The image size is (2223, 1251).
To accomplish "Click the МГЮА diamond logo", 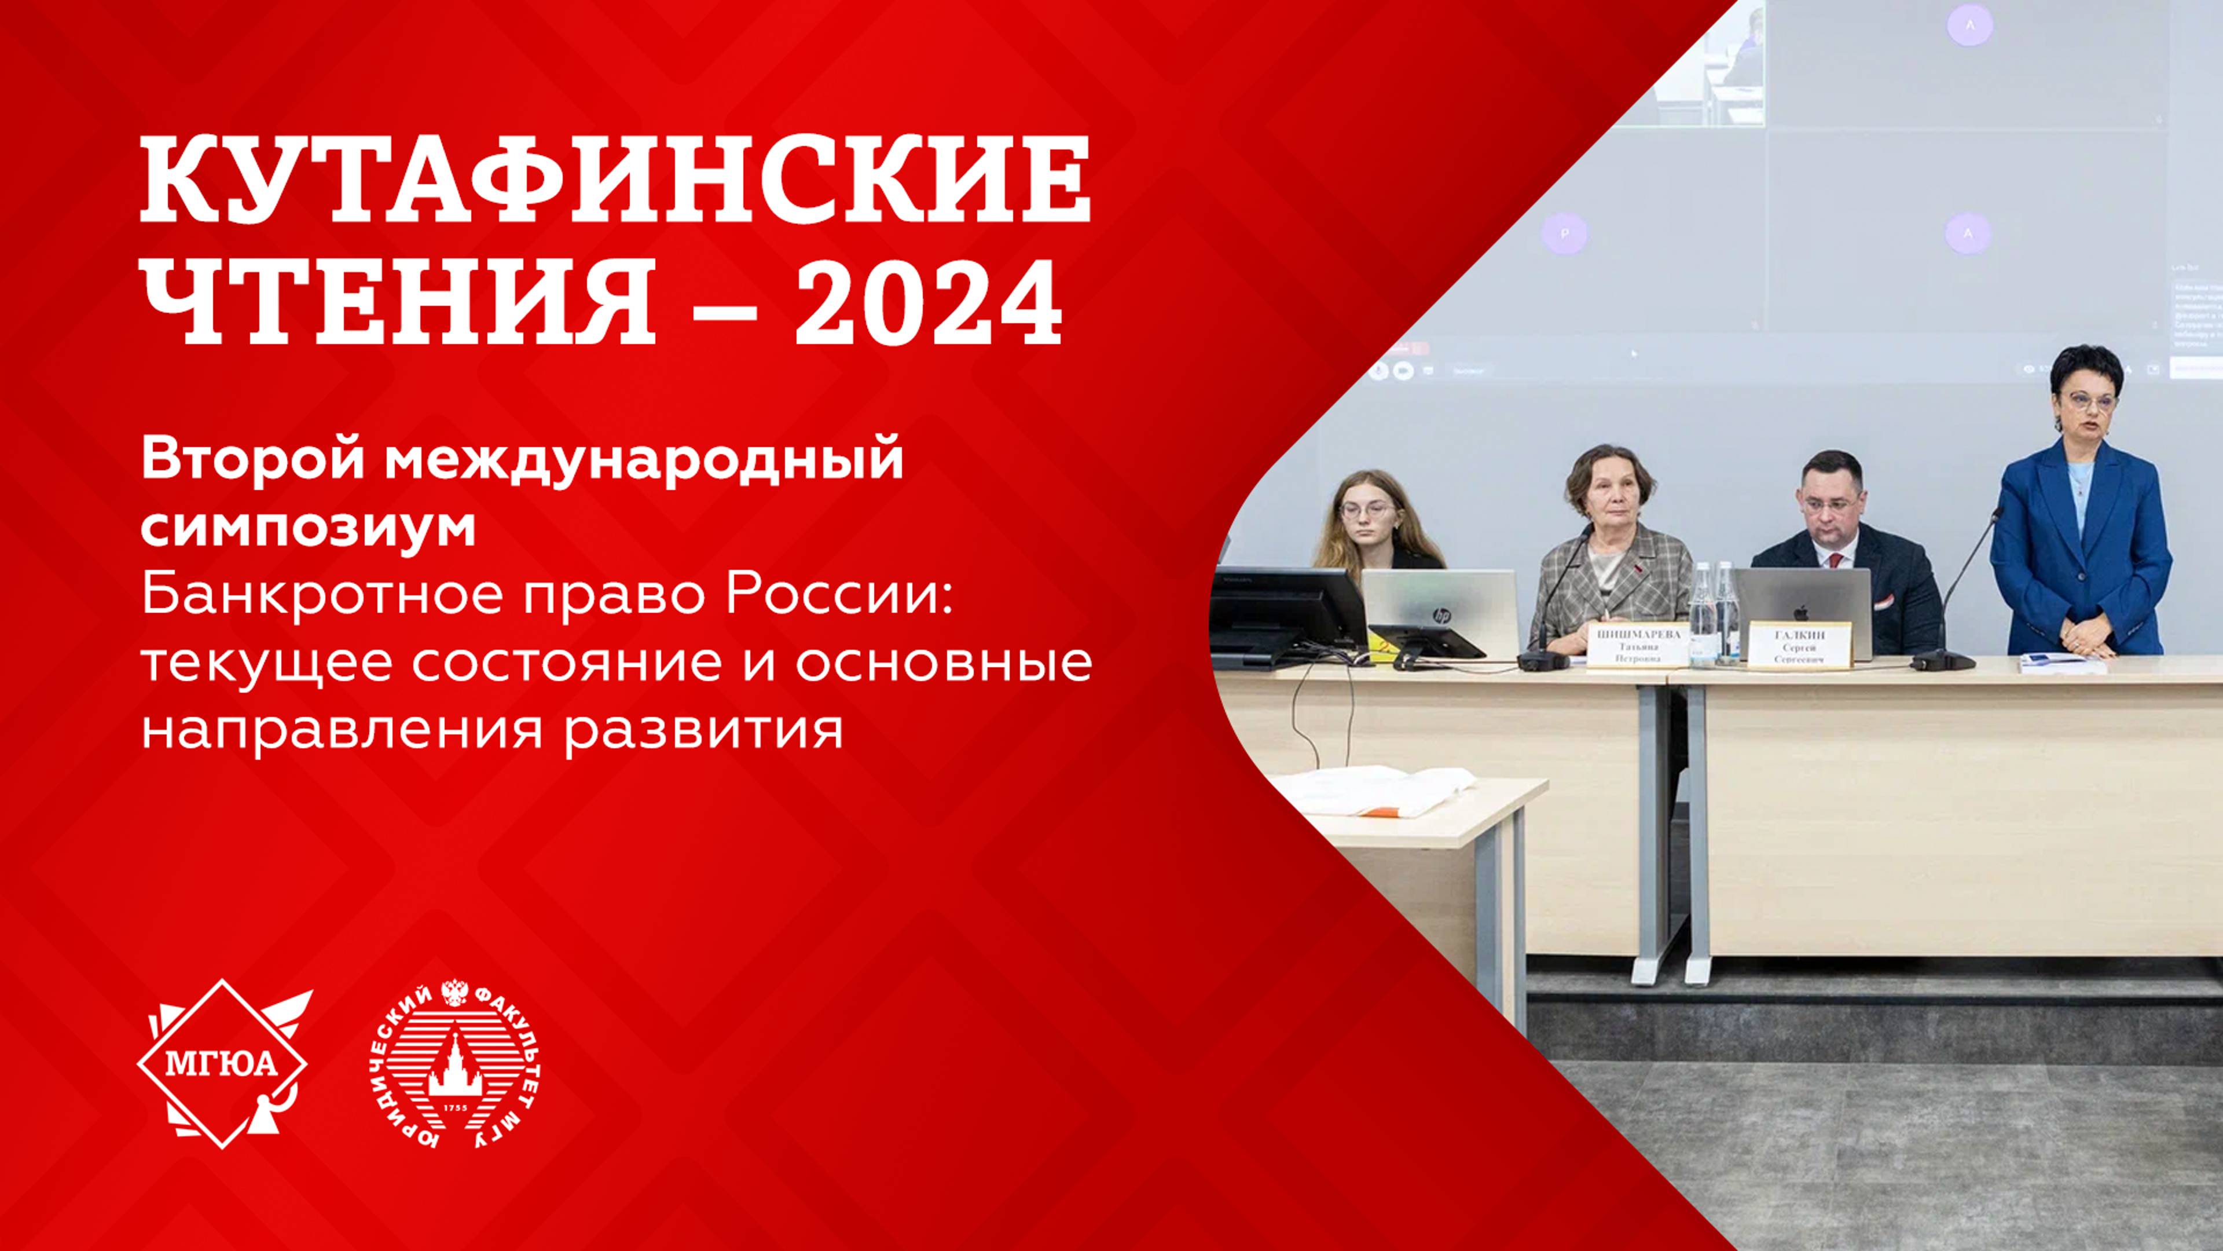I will [x=223, y=1064].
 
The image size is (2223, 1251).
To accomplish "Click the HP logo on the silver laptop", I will [x=1440, y=614].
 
